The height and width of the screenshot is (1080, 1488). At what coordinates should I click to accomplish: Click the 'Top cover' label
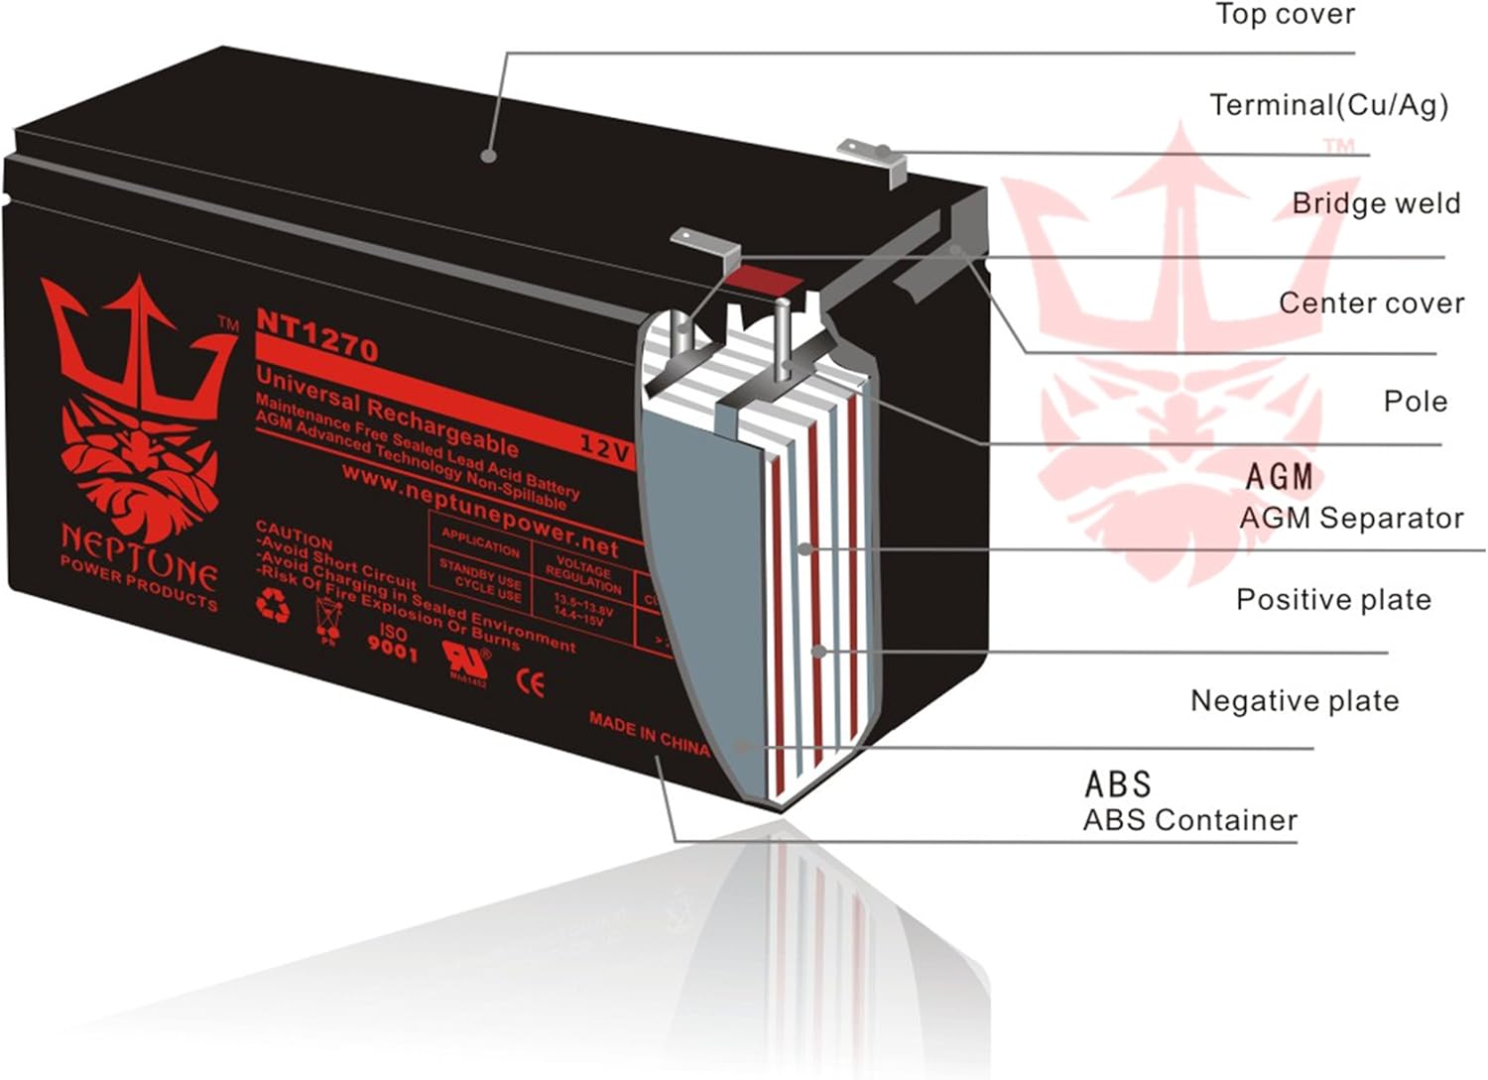point(1285,15)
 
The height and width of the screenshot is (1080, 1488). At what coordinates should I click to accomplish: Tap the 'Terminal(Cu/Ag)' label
point(1328,105)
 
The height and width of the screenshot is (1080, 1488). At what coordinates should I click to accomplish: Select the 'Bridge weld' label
point(1375,203)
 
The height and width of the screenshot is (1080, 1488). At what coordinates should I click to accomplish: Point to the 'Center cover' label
point(1371,302)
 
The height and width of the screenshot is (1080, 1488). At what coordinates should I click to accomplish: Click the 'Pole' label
point(1416,402)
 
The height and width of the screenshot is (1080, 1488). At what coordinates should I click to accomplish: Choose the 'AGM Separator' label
point(1350,518)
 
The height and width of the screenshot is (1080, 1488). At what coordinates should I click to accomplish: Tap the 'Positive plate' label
point(1333,600)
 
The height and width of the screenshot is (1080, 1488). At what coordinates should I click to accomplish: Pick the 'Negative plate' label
point(1295,701)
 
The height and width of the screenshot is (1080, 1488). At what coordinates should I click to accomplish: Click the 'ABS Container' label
point(1189,820)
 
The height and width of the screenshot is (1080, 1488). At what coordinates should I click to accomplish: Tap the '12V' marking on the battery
point(605,447)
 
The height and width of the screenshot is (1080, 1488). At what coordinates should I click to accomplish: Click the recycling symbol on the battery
point(273,603)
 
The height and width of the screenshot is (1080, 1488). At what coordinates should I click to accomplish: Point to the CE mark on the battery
point(532,683)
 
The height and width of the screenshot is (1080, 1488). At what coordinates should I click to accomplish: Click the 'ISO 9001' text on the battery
point(393,643)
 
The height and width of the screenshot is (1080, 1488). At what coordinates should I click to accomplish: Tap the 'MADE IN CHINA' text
point(649,732)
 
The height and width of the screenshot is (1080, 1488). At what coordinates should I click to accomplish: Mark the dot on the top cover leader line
point(487,155)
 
